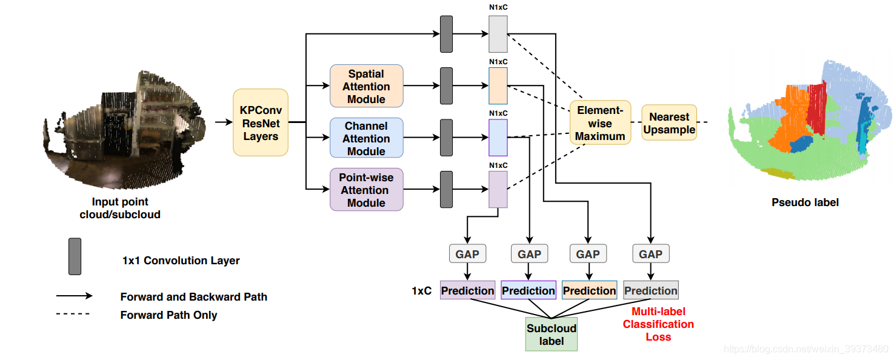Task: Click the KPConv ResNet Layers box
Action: click(x=261, y=122)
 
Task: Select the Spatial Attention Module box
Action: click(x=366, y=86)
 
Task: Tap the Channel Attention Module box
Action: click(x=366, y=138)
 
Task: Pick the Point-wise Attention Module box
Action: click(x=366, y=190)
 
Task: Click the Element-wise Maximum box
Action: click(x=600, y=123)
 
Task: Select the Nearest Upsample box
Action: click(x=669, y=123)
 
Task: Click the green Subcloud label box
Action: click(x=551, y=335)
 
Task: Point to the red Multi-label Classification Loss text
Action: click(x=658, y=324)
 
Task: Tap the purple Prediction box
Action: click(x=467, y=291)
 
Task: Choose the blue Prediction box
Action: click(x=529, y=291)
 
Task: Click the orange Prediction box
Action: click(x=589, y=291)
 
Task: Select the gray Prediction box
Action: click(x=650, y=291)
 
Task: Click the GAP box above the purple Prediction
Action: click(x=467, y=254)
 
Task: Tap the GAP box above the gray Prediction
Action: click(x=650, y=254)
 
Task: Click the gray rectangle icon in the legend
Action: click(x=75, y=256)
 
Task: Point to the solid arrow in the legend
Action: click(x=74, y=296)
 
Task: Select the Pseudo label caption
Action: click(x=805, y=202)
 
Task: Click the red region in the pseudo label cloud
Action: click(x=815, y=109)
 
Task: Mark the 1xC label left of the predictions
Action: click(x=421, y=291)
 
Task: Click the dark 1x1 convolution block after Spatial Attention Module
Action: click(x=447, y=86)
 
